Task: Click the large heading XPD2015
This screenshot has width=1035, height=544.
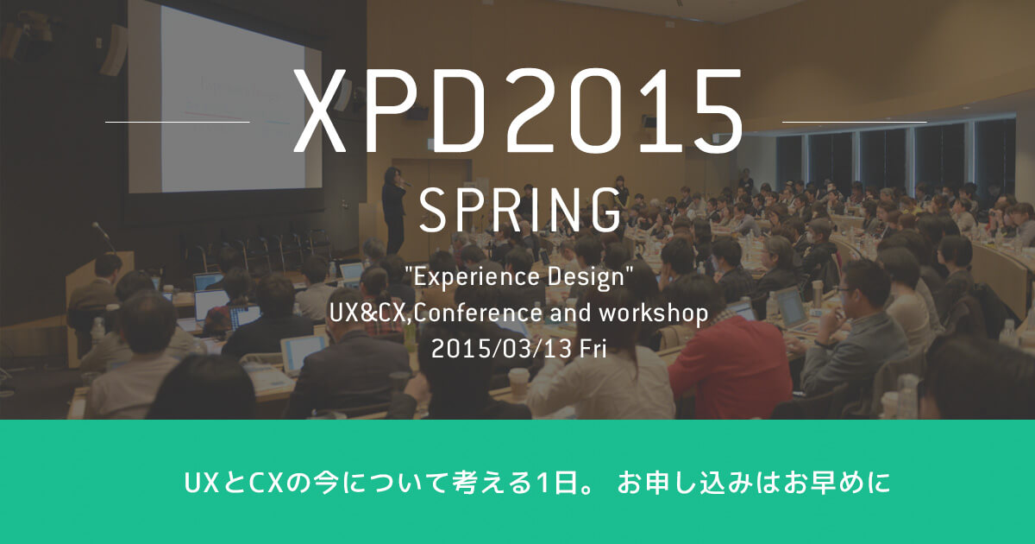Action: click(x=518, y=111)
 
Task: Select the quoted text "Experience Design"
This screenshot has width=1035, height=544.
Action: click(x=518, y=277)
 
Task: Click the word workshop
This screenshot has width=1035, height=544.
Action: click(x=654, y=313)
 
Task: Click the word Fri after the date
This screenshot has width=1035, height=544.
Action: click(x=593, y=348)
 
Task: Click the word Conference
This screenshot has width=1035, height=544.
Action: click(x=478, y=313)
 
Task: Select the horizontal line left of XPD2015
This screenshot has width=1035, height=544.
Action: click(x=178, y=122)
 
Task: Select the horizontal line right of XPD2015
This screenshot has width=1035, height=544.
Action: click(x=855, y=122)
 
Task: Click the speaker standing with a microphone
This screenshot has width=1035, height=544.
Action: click(x=394, y=211)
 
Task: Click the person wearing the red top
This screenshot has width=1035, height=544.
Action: click(x=730, y=365)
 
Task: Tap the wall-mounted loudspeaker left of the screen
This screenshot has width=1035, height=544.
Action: click(x=112, y=50)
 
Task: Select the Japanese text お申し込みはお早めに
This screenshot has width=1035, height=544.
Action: click(x=754, y=483)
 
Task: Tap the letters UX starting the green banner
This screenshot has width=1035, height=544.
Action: click(x=202, y=483)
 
